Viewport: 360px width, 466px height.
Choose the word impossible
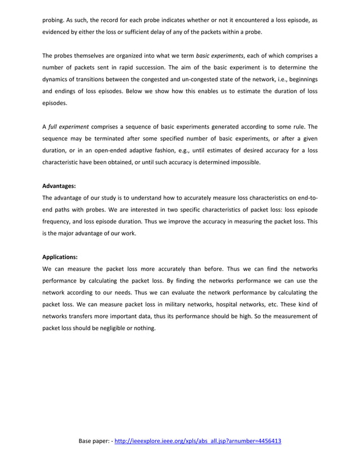coord(244,162)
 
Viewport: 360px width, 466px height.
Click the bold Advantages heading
coord(59,186)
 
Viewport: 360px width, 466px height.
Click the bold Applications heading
coord(60,257)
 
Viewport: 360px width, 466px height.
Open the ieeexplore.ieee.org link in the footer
coord(197,441)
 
